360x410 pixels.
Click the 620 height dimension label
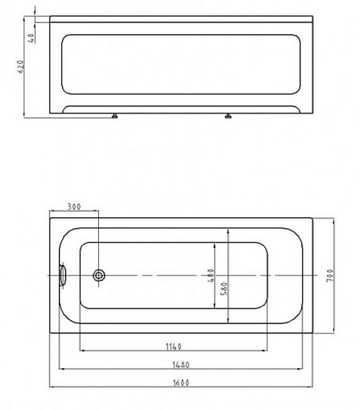[21, 67]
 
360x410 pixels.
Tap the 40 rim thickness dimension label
[31, 38]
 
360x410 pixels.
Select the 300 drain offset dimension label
[74, 206]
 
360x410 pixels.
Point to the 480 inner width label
[210, 275]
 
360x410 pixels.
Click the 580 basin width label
[224, 288]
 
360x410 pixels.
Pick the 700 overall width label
[330, 275]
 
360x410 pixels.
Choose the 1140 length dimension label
[174, 346]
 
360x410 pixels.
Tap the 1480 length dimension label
[180, 365]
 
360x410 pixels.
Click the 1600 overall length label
[181, 383]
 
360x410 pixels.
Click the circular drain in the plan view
[99, 275]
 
